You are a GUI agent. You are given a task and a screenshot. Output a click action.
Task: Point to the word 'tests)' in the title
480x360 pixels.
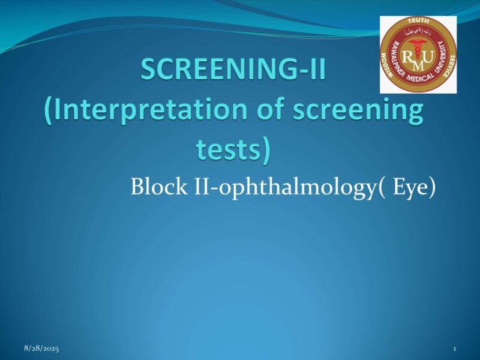click(233, 148)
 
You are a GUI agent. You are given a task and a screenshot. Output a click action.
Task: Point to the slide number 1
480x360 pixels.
click(455, 349)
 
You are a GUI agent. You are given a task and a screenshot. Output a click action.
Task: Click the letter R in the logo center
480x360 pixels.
click(409, 56)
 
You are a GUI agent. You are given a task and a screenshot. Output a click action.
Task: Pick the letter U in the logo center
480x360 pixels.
click(427, 56)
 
